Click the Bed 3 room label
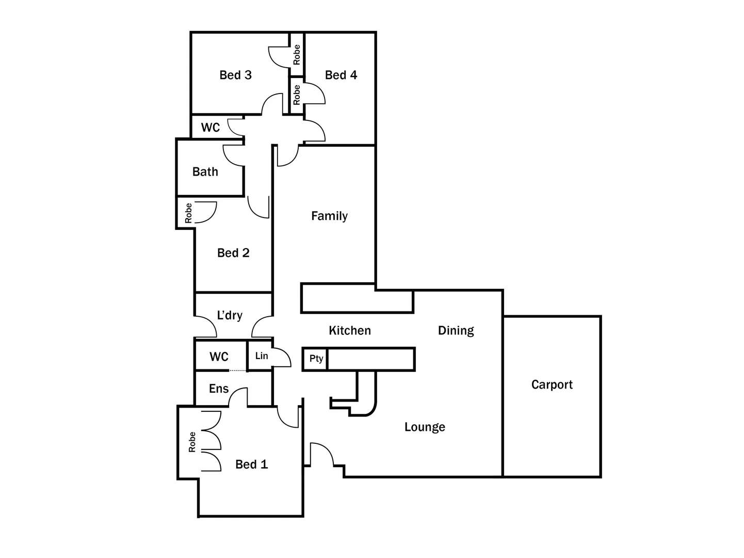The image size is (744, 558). pyautogui.click(x=235, y=75)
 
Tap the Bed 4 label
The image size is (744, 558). pyautogui.click(x=341, y=75)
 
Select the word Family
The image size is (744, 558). pyautogui.click(x=329, y=216)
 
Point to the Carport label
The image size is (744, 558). pyautogui.click(x=552, y=384)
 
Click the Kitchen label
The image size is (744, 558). pyautogui.click(x=350, y=331)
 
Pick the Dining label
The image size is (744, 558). pyautogui.click(x=456, y=331)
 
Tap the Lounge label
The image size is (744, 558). pyautogui.click(x=425, y=427)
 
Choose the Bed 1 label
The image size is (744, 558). pyautogui.click(x=251, y=464)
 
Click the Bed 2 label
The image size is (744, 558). pyautogui.click(x=233, y=253)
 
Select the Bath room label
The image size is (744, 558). pyautogui.click(x=205, y=172)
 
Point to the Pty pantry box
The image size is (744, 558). pyautogui.click(x=316, y=359)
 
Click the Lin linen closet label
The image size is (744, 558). pyautogui.click(x=262, y=356)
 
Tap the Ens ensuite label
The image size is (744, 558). pyautogui.click(x=219, y=389)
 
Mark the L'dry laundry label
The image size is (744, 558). pyautogui.click(x=229, y=315)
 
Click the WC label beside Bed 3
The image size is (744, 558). pyautogui.click(x=211, y=128)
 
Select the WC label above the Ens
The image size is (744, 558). pyautogui.click(x=219, y=357)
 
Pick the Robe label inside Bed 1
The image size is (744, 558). pyautogui.click(x=192, y=442)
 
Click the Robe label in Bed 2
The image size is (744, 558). pyautogui.click(x=188, y=213)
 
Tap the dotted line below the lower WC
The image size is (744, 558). pyautogui.click(x=238, y=370)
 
